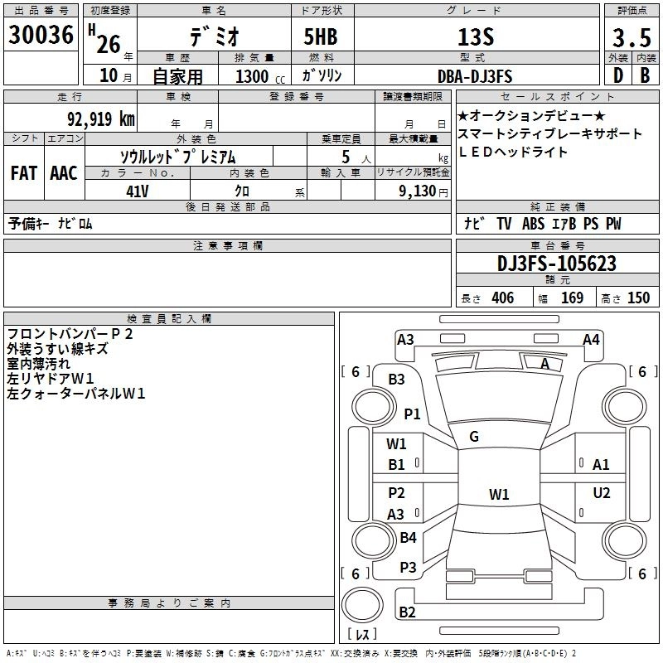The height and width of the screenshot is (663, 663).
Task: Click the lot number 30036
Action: coord(41,36)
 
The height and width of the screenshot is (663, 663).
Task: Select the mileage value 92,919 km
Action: coord(100,119)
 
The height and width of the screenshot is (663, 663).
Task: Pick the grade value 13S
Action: coord(474,37)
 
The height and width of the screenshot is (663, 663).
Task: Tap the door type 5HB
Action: coord(320,38)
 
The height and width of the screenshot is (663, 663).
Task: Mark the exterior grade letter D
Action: coord(617,76)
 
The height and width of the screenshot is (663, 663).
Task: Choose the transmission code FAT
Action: coord(23,172)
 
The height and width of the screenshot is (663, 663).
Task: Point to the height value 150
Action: coord(638,298)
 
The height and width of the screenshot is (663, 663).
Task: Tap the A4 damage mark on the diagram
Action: coord(591,339)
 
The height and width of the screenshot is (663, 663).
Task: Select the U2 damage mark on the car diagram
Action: coord(602,494)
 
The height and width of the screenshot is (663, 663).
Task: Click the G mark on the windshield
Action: coord(474,437)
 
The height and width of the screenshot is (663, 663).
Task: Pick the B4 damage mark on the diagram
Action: coord(408,538)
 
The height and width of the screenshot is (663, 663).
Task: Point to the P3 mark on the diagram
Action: coord(408,568)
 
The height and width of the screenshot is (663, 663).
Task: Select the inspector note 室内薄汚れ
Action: coord(39,364)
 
